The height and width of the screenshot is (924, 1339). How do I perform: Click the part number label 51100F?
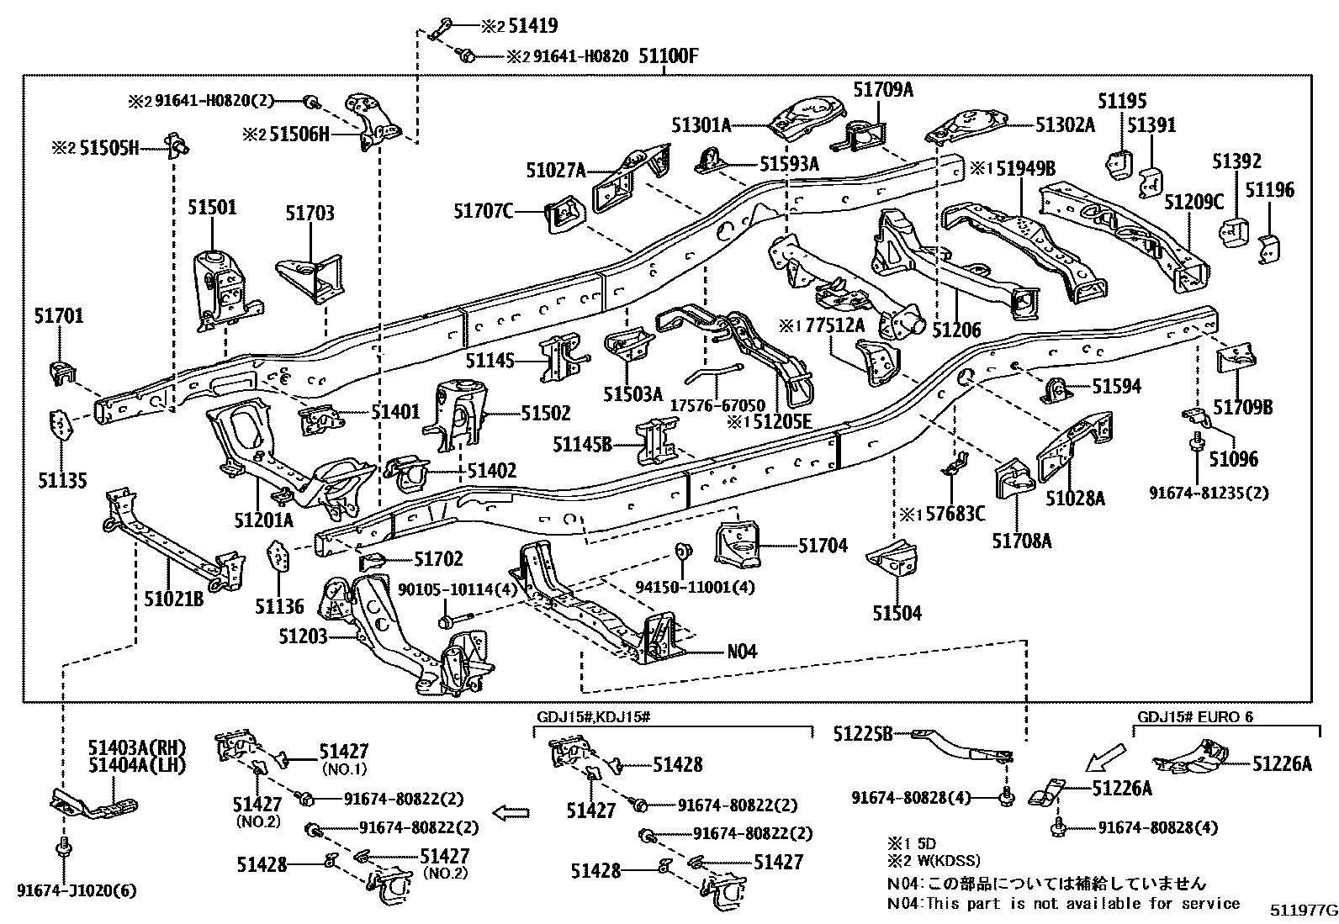(669, 57)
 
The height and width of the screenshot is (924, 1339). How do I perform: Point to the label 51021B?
(174, 599)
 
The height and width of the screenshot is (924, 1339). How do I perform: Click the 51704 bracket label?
(823, 546)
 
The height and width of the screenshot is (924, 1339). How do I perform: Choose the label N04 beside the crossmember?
(741, 651)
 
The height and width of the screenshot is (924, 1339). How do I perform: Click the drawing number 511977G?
(1303, 911)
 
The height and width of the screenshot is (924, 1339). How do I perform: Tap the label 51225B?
(863, 733)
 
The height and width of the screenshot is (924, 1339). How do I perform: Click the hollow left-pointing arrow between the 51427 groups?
(511, 812)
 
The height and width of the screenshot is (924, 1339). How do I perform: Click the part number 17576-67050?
(717, 404)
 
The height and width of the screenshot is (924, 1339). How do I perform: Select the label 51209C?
(1193, 202)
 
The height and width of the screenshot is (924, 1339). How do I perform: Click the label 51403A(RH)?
(136, 747)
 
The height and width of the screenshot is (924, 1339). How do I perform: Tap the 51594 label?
(1116, 386)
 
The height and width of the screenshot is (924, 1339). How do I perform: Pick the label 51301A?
(701, 125)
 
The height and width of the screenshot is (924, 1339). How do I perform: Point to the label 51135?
(62, 480)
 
